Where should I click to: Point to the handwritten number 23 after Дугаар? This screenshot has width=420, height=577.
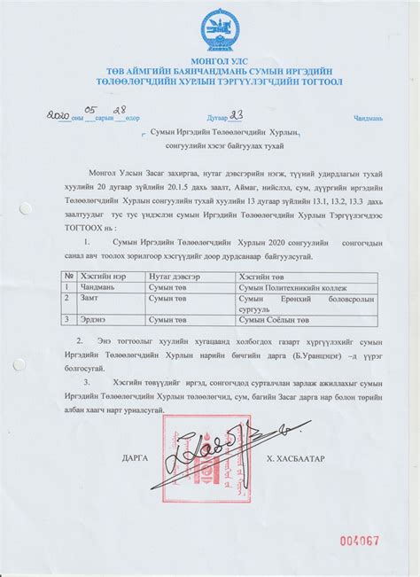click(x=237, y=114)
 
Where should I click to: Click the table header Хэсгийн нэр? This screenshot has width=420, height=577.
click(x=99, y=277)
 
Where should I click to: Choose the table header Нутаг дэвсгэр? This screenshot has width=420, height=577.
click(x=175, y=277)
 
